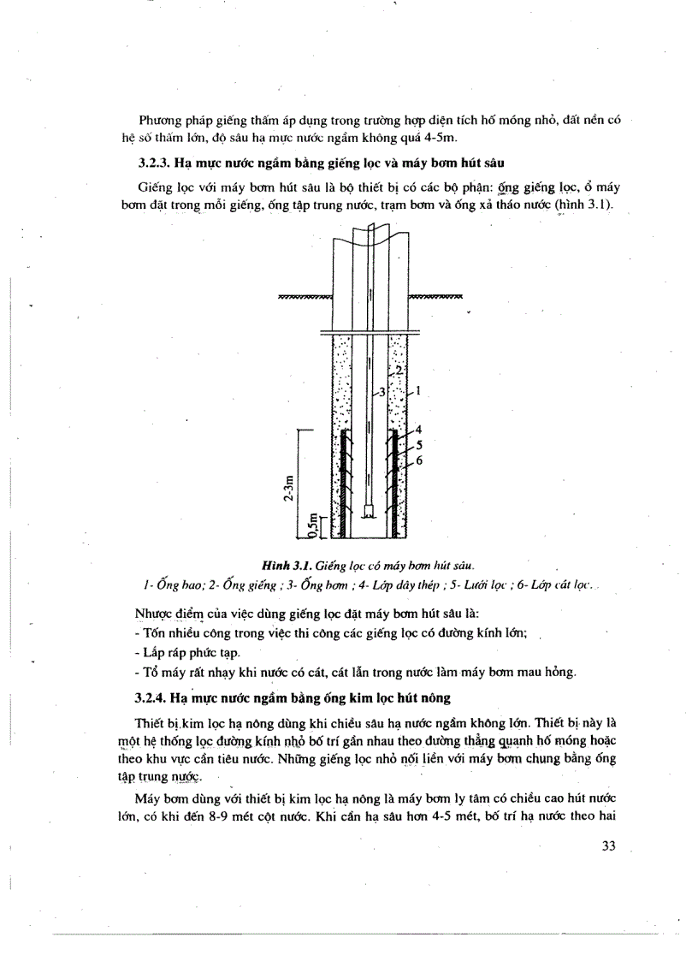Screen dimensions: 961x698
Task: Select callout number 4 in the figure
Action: [x=418, y=429]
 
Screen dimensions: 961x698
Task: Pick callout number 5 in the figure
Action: [x=418, y=444]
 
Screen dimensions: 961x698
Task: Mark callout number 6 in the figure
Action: [x=418, y=460]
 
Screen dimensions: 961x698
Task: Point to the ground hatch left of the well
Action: [x=305, y=297]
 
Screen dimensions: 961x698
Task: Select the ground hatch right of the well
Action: [x=435, y=297]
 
